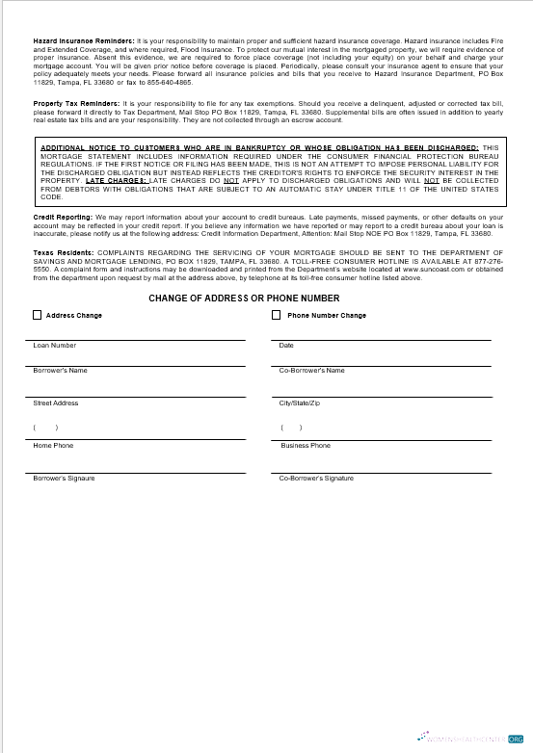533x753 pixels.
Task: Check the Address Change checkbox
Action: coord(37,315)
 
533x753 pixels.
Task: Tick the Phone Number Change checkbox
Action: coord(277,315)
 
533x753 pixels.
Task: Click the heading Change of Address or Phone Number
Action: coord(244,299)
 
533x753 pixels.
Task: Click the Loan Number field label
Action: coord(55,345)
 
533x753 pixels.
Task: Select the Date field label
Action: coord(286,345)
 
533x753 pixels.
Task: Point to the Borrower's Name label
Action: coord(60,370)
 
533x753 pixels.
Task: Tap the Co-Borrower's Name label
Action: coord(311,370)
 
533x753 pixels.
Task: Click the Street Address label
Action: coord(56,403)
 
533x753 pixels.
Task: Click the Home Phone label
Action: coord(53,446)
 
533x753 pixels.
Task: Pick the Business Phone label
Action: coord(306,446)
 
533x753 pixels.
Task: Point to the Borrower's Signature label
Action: coord(64,479)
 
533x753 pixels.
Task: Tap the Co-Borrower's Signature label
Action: coord(316,479)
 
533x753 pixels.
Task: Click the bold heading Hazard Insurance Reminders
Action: coord(84,43)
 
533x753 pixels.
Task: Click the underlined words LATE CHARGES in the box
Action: coord(116,180)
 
